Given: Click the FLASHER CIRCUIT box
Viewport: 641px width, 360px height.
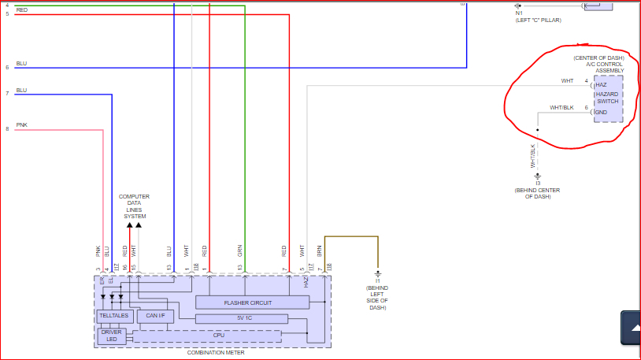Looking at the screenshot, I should pos(248,302).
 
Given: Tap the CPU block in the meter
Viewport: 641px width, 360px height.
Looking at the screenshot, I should pos(219,335).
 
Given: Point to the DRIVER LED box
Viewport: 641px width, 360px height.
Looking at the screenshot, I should pos(111,336).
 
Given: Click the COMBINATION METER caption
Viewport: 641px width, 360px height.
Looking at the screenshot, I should pos(215,353).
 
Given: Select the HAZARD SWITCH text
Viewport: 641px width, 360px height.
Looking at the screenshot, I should pos(607,98).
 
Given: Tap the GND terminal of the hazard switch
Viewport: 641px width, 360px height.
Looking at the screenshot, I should pos(601,112).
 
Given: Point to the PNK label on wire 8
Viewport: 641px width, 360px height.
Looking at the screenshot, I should pos(21,124).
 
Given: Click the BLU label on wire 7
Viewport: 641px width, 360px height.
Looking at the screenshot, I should pos(21,90).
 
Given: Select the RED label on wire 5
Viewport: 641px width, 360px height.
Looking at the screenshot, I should pos(21,9).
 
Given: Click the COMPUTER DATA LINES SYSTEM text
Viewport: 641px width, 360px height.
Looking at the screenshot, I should pos(134,206).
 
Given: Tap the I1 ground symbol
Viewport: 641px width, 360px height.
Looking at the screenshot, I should pos(378,273).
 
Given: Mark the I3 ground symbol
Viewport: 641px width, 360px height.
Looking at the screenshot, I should pos(538,176).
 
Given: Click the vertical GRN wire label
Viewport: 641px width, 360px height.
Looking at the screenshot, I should pos(240,251).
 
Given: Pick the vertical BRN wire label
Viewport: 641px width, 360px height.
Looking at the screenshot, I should pos(320,251).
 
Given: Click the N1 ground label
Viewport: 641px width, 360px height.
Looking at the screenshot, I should pos(519,13).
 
